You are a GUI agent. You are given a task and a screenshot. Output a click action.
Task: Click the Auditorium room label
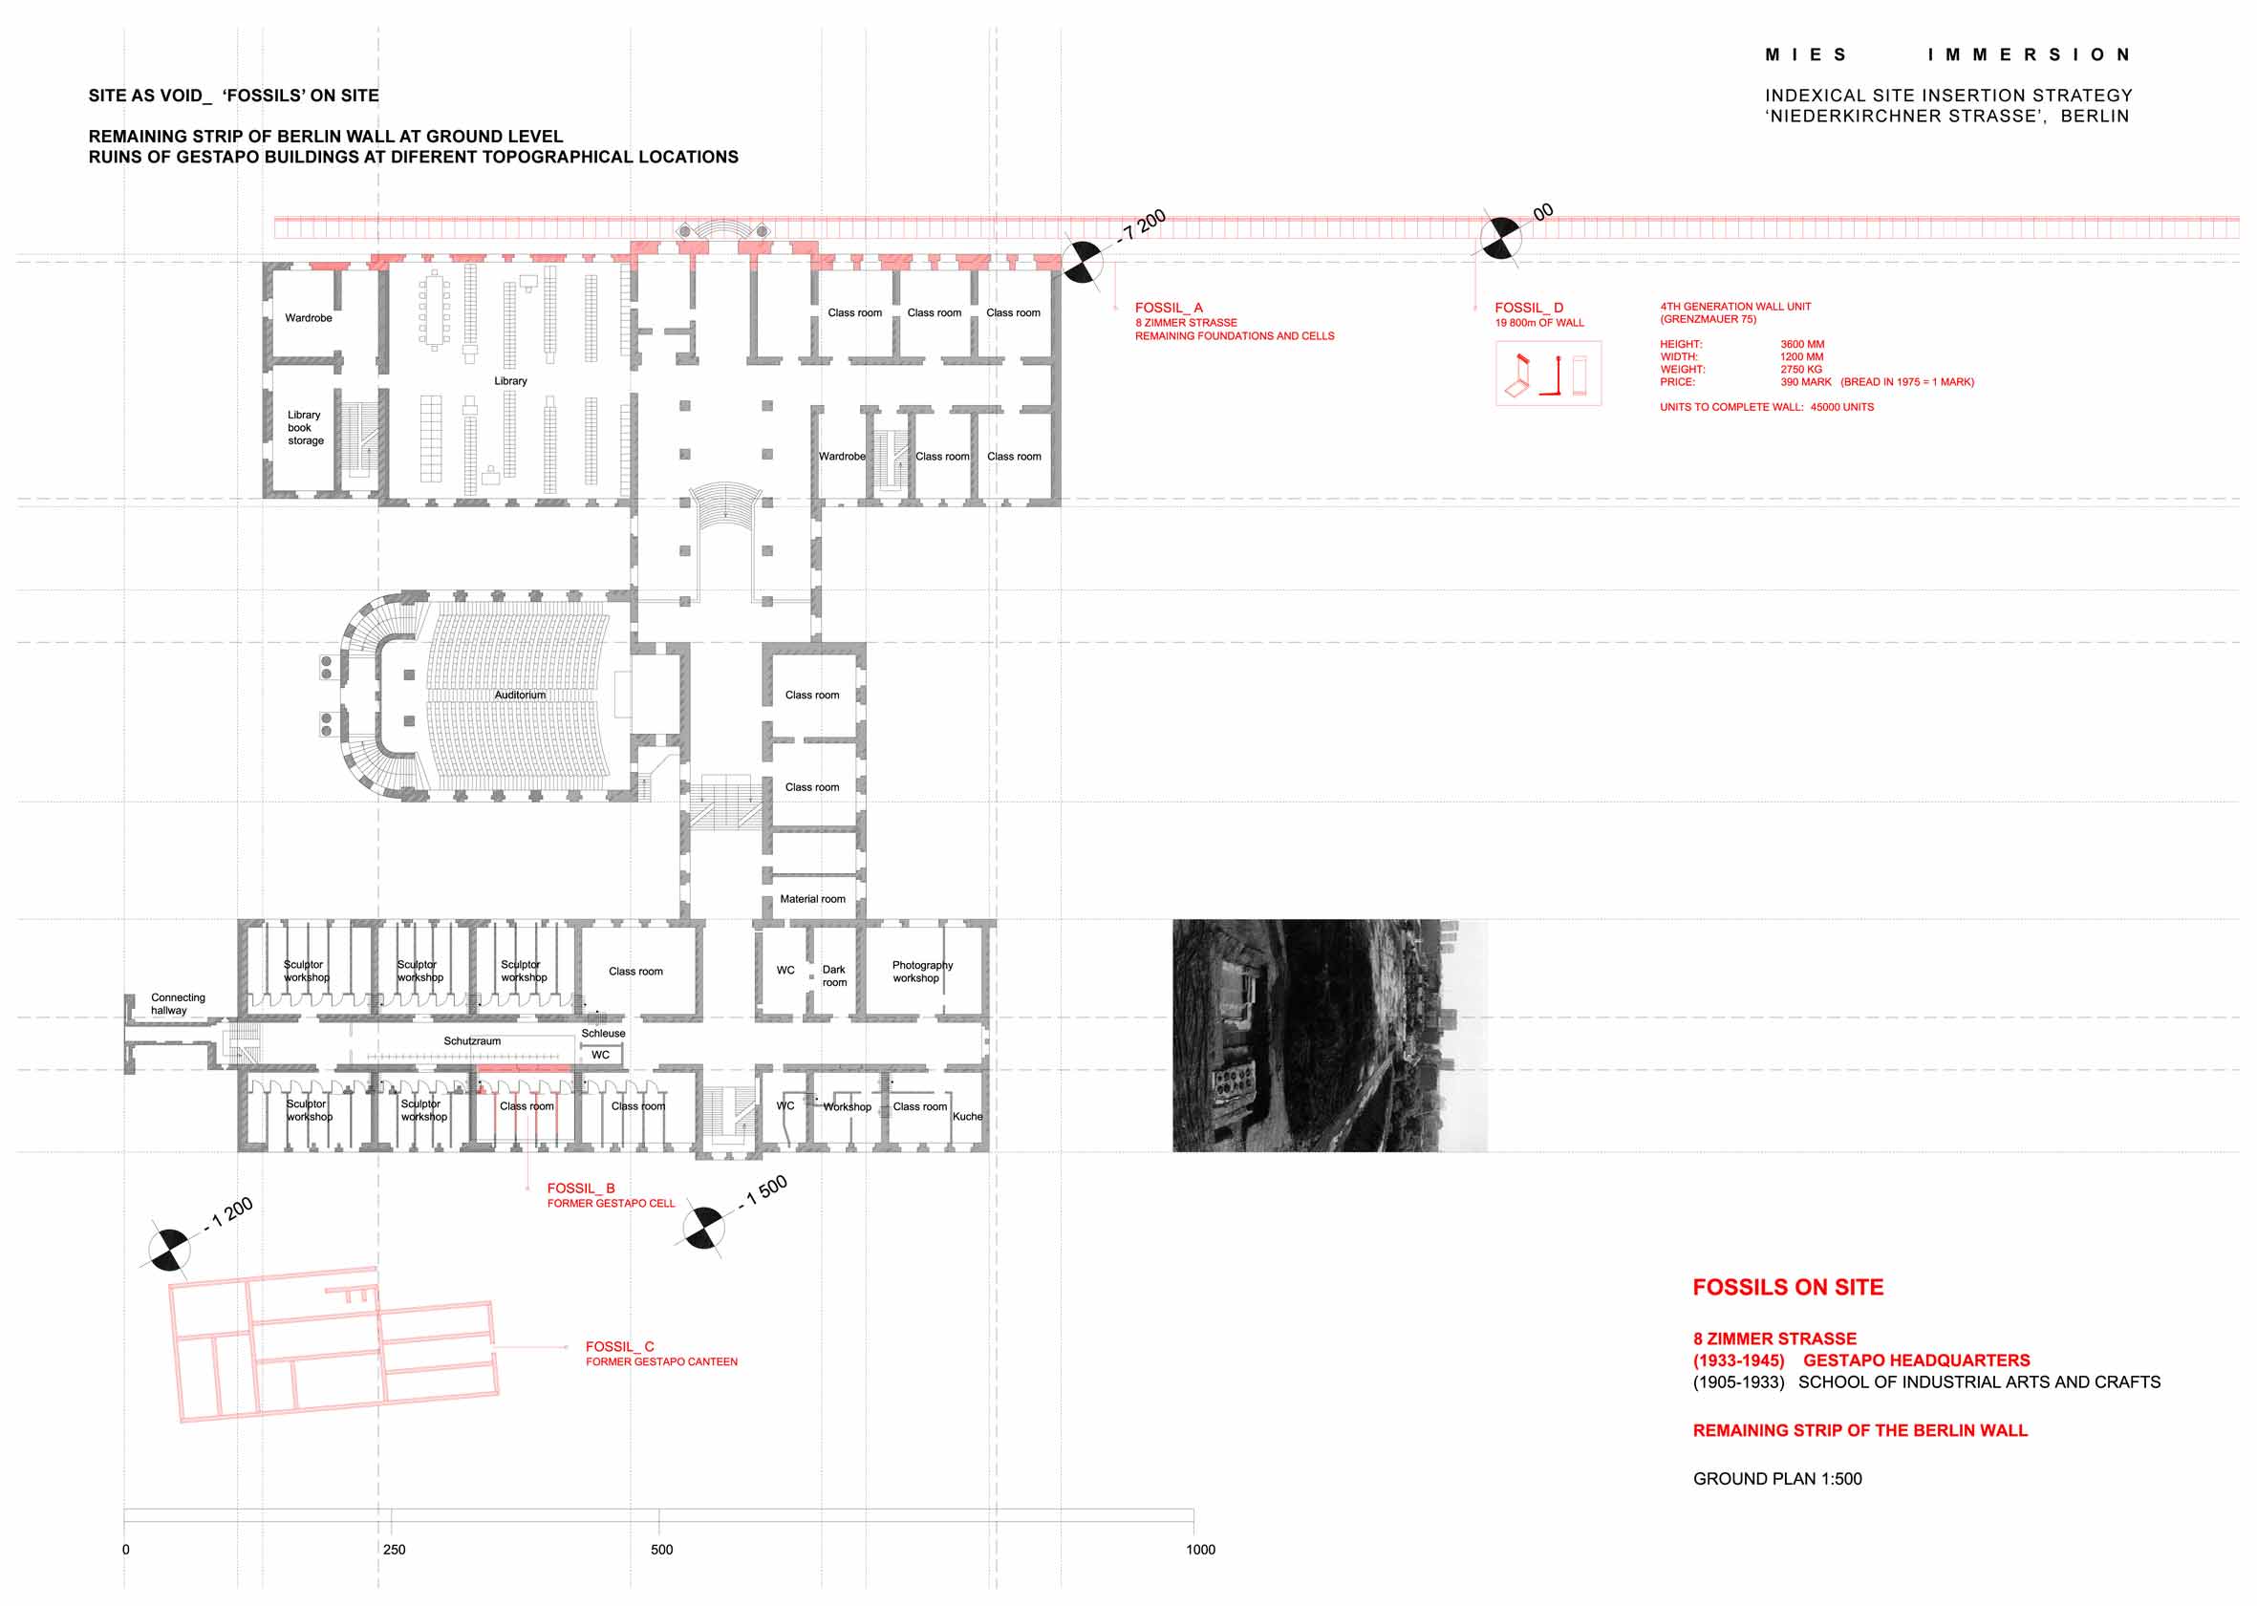pyautogui.click(x=520, y=696)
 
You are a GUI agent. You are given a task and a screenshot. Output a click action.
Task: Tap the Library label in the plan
pyautogui.click(x=510, y=381)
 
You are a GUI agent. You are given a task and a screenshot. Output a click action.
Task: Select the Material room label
pyautogui.click(x=812, y=899)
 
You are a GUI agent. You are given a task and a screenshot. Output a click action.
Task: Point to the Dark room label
pyautogui.click(x=834, y=976)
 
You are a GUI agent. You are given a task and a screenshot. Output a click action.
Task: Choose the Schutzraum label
pyautogui.click(x=472, y=1041)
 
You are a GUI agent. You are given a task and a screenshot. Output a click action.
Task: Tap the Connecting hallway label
pyautogui.click(x=178, y=1004)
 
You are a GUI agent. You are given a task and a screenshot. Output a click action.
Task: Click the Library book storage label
pyautogui.click(x=305, y=428)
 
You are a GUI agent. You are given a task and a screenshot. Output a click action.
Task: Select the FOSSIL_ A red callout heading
pyautogui.click(x=1168, y=308)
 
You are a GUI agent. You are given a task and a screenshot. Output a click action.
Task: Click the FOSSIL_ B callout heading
pyautogui.click(x=581, y=1188)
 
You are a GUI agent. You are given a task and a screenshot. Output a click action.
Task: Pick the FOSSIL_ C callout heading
pyautogui.click(x=619, y=1346)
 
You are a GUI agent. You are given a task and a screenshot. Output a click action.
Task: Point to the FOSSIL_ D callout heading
pyautogui.click(x=1528, y=308)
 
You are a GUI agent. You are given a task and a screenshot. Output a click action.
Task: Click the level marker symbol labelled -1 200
pyautogui.click(x=169, y=1250)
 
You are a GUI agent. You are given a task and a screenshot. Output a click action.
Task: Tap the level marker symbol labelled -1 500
pyautogui.click(x=703, y=1229)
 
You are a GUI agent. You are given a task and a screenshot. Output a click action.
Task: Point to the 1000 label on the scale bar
pyautogui.click(x=1200, y=1550)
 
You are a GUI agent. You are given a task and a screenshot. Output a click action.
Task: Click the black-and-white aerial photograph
pyautogui.click(x=1329, y=1036)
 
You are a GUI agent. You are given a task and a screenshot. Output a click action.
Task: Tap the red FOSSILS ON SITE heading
pyautogui.click(x=1787, y=1287)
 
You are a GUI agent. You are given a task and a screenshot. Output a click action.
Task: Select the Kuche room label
pyautogui.click(x=967, y=1117)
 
